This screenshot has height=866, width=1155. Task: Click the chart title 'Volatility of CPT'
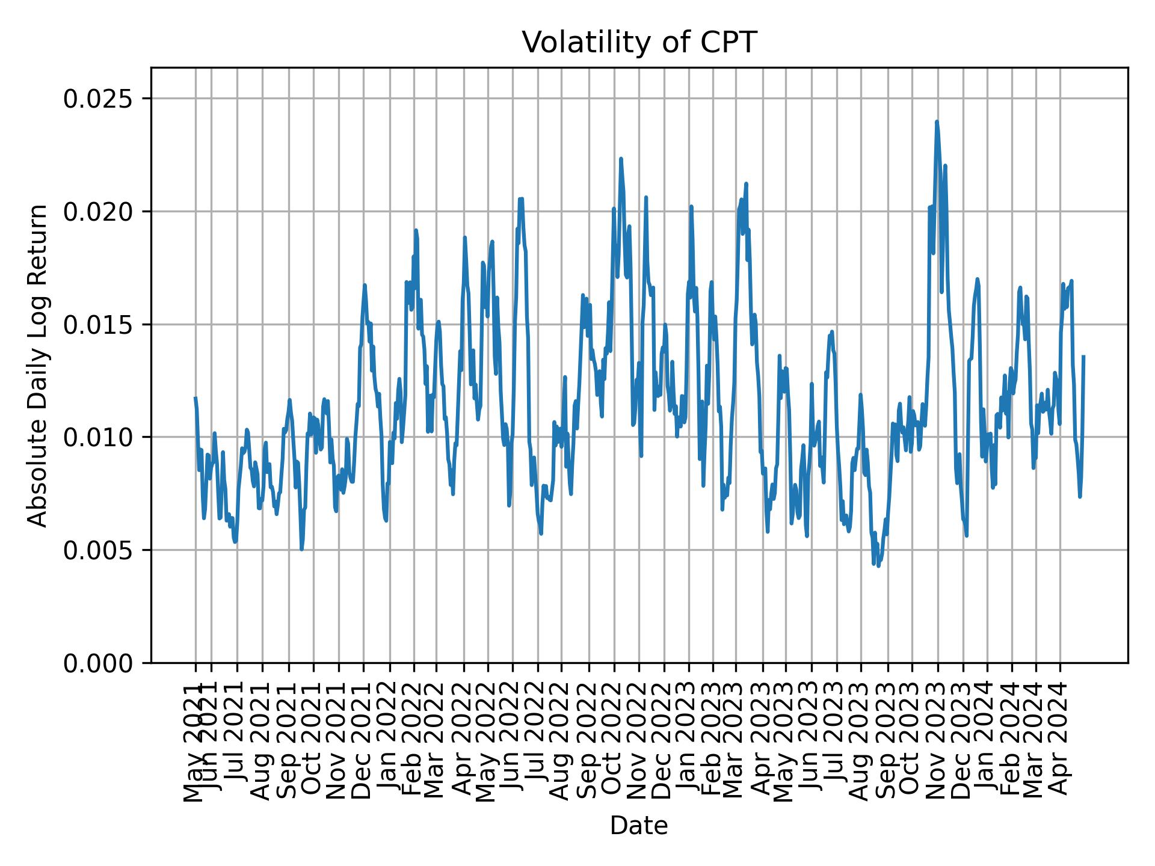pyautogui.click(x=638, y=43)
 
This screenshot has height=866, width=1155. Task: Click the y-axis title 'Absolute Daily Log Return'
pyautogui.click(x=38, y=365)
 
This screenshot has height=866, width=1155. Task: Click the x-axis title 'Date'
pyautogui.click(x=638, y=826)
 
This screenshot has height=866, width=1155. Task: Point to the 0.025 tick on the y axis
pyautogui.click(x=99, y=99)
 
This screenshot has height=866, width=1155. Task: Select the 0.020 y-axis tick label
pyautogui.click(x=99, y=212)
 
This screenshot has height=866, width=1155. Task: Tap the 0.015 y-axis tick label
pyautogui.click(x=99, y=325)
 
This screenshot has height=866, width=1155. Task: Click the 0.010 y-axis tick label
pyautogui.click(x=99, y=437)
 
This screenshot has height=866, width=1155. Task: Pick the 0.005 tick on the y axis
pyautogui.click(x=99, y=550)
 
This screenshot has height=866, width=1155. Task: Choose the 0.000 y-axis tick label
pyautogui.click(x=99, y=663)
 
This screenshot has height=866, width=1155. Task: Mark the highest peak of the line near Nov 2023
pyautogui.click(x=937, y=122)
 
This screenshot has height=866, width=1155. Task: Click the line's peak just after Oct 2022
pyautogui.click(x=621, y=159)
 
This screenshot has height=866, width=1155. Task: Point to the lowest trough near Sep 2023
pyautogui.click(x=879, y=566)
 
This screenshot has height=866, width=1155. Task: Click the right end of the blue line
pyautogui.click(x=1083, y=357)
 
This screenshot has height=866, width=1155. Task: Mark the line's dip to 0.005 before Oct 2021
pyautogui.click(x=301, y=548)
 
